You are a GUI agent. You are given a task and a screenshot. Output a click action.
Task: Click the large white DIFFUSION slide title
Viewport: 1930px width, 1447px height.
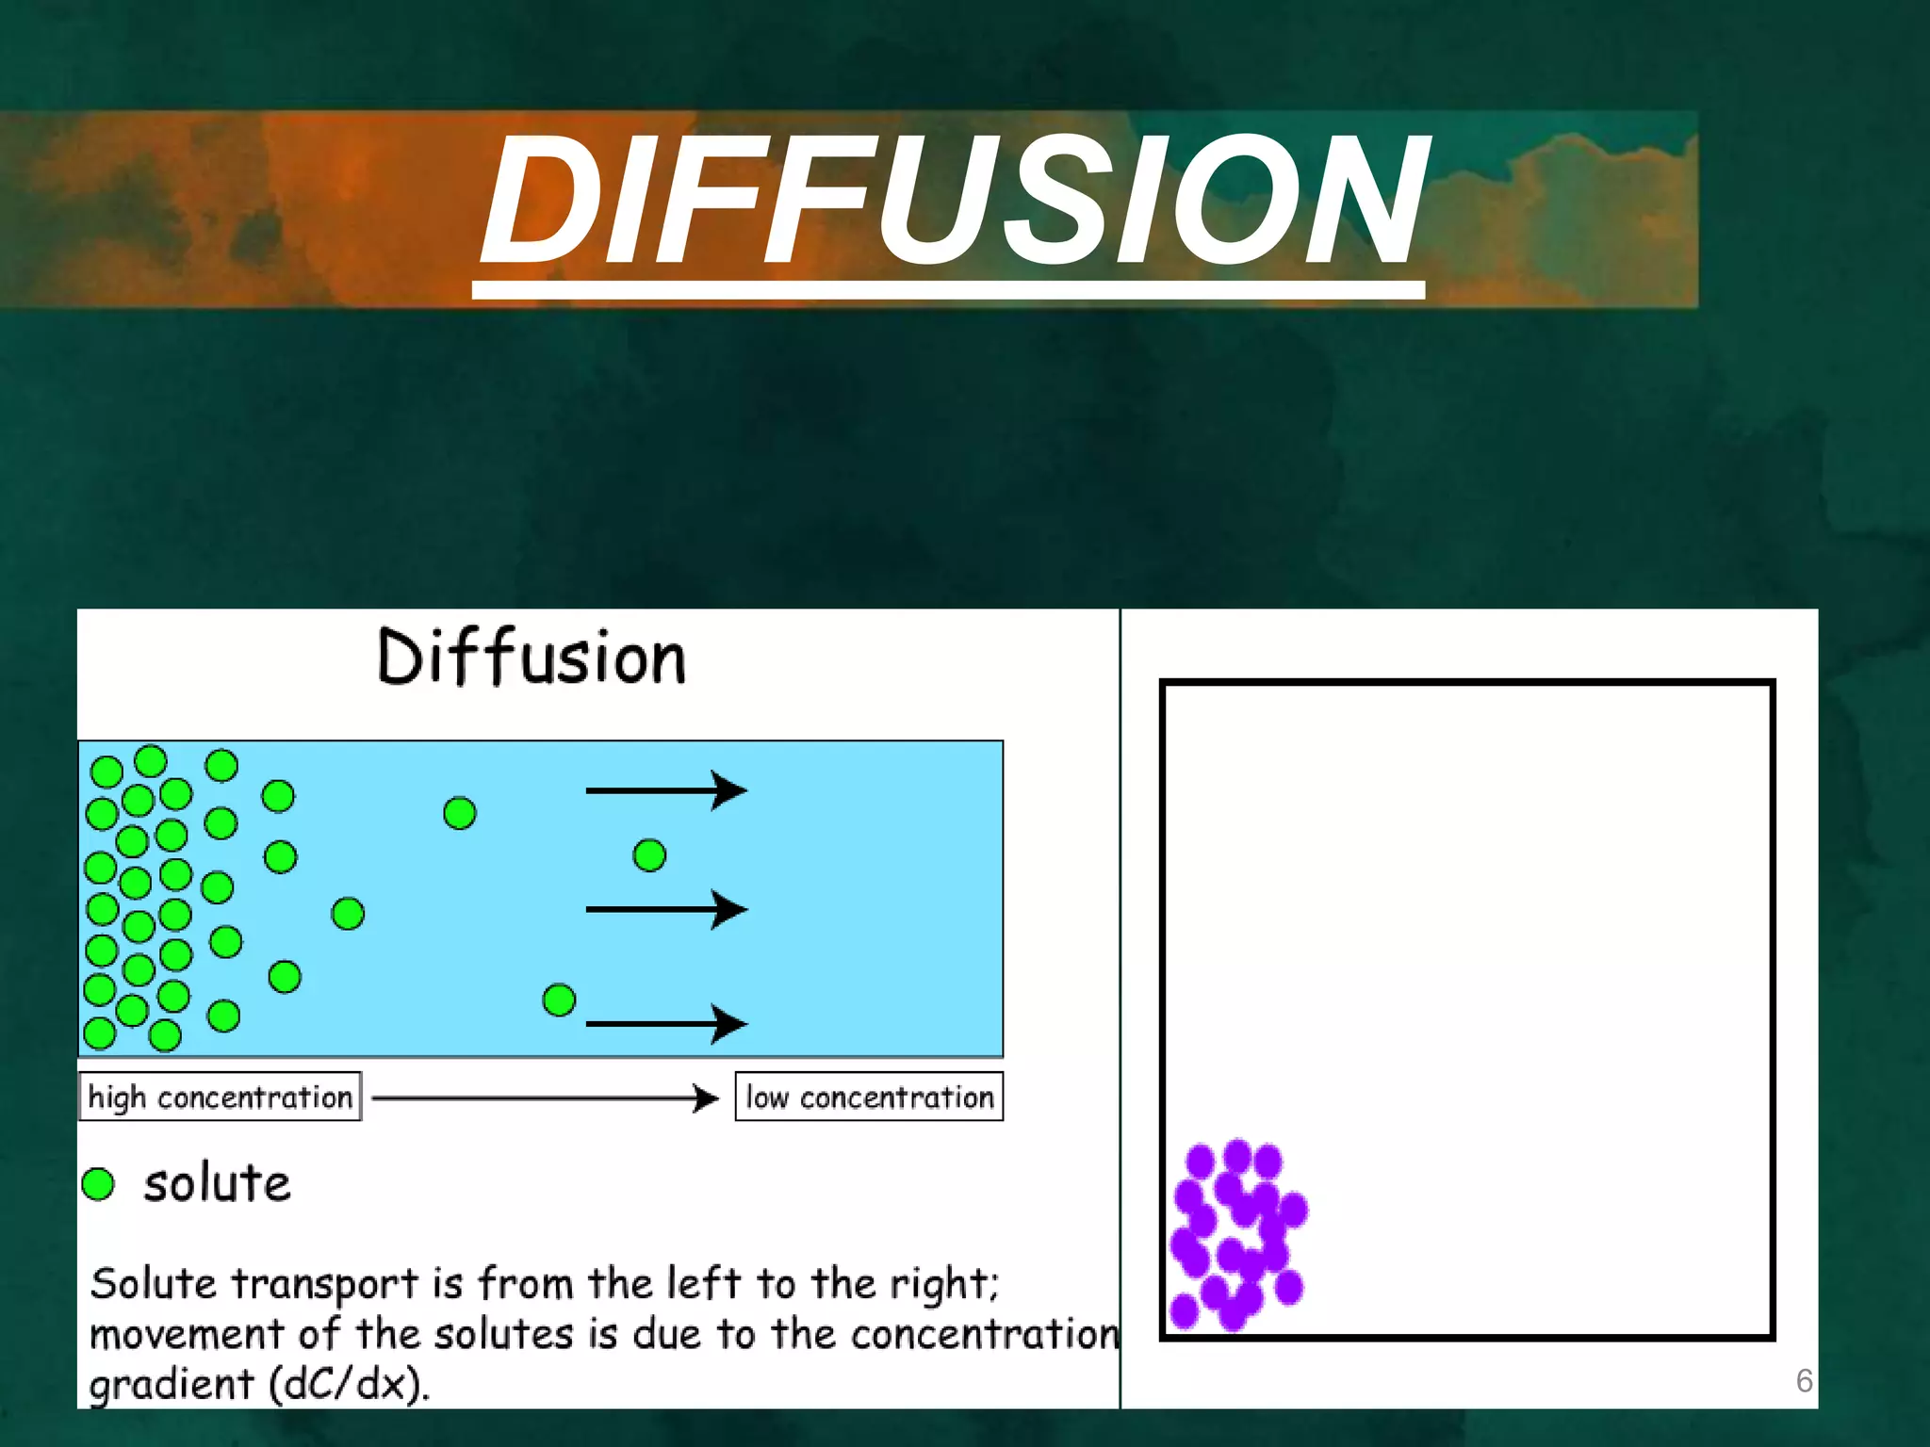coord(952,200)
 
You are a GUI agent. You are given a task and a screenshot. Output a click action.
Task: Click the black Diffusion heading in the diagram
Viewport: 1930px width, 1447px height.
coord(531,658)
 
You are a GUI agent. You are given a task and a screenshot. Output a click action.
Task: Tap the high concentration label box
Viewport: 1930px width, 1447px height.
coord(220,1097)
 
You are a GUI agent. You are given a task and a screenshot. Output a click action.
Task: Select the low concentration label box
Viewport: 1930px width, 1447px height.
coord(869,1097)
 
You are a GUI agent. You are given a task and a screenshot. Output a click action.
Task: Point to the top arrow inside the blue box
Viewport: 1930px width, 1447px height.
coord(665,790)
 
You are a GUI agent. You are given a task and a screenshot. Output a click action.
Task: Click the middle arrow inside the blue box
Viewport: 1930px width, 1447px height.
coord(665,909)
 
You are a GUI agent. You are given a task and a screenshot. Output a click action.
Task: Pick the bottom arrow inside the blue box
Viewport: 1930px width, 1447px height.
coord(665,1024)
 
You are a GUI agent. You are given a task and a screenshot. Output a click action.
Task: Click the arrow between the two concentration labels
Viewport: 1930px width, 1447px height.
coord(545,1097)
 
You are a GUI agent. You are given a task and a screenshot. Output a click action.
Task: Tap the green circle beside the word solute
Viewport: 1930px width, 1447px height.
coord(98,1184)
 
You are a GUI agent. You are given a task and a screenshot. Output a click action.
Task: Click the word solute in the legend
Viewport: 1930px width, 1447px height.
coord(217,1184)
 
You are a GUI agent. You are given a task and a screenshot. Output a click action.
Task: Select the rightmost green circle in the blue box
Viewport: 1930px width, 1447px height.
coord(649,855)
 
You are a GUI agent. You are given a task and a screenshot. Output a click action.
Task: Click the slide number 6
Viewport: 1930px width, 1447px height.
coord(1804,1381)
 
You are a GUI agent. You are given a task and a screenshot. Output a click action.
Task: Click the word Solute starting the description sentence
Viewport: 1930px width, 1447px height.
coord(153,1284)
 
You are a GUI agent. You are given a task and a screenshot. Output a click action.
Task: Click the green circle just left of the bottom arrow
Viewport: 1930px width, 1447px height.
coord(559,1000)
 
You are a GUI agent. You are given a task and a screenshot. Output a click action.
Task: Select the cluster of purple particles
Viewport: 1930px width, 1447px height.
coord(1236,1234)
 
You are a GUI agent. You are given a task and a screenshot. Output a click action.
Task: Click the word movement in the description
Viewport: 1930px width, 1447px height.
coord(187,1334)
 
